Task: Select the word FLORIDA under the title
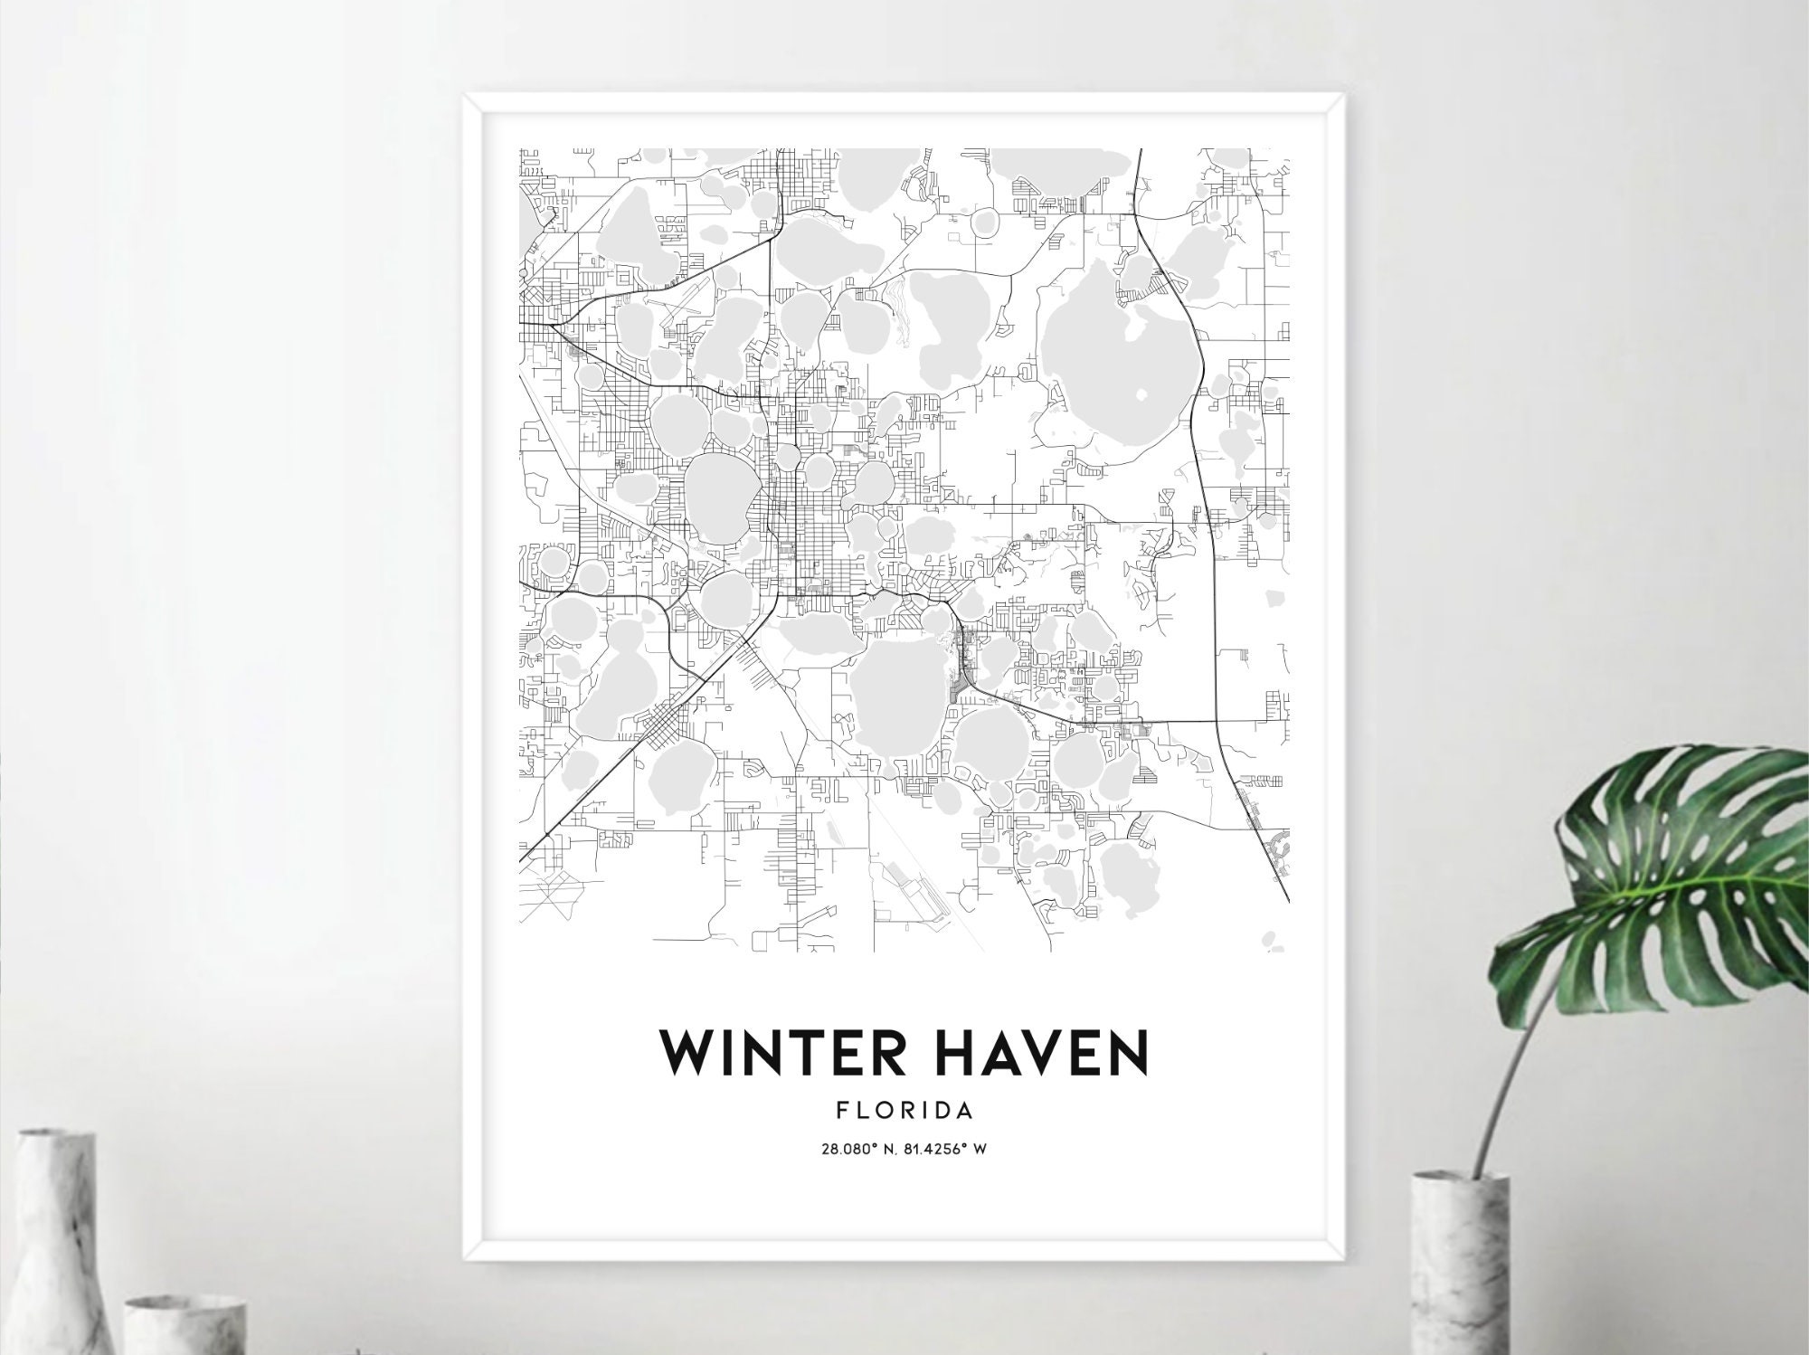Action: point(904,1110)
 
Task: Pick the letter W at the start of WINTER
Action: point(684,1053)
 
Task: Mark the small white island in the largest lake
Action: point(1139,395)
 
